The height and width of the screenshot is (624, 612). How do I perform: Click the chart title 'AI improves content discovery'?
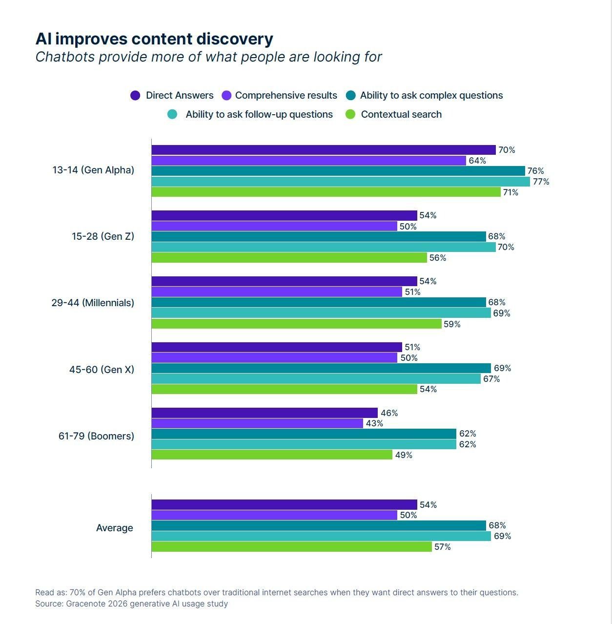point(154,39)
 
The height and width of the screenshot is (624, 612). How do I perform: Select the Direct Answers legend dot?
point(135,96)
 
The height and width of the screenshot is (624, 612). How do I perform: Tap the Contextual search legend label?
point(401,115)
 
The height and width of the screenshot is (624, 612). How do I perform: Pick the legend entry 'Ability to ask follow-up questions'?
point(259,115)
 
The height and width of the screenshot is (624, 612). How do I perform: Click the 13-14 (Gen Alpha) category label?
point(93,170)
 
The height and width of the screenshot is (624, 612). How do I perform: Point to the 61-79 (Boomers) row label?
point(96,436)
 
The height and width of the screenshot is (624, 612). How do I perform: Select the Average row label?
point(115,528)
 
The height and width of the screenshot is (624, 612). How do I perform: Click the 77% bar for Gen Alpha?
point(341,182)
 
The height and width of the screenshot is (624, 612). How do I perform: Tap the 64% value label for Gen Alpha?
point(477,161)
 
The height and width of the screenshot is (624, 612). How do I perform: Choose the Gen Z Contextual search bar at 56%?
point(289,258)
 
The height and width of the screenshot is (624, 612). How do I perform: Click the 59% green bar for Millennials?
point(296,324)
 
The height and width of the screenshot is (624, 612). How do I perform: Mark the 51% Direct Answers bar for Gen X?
point(277,347)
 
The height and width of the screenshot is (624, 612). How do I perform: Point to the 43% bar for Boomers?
point(257,423)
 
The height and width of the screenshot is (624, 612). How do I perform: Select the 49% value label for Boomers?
point(404,455)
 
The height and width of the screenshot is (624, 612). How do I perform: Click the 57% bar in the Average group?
point(291,547)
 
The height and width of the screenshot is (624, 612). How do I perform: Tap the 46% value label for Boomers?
point(389,413)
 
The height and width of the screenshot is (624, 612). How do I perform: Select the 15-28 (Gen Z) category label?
point(102,236)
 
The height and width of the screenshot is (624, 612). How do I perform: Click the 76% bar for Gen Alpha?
point(338,171)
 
